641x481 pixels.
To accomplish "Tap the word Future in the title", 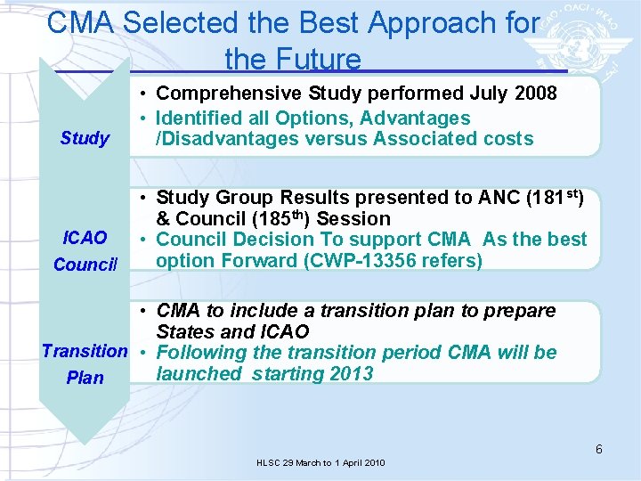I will pyautogui.click(x=318, y=59).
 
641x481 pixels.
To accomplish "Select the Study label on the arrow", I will pyautogui.click(x=85, y=138).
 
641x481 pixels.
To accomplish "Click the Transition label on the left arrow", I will pyautogui.click(x=85, y=351).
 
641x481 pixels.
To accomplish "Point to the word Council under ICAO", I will pyautogui.click(x=85, y=265).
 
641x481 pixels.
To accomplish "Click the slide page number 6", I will pyautogui.click(x=599, y=449).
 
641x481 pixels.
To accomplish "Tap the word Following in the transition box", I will pyautogui.click(x=199, y=353).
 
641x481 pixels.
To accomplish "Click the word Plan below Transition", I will pyautogui.click(x=85, y=378).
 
